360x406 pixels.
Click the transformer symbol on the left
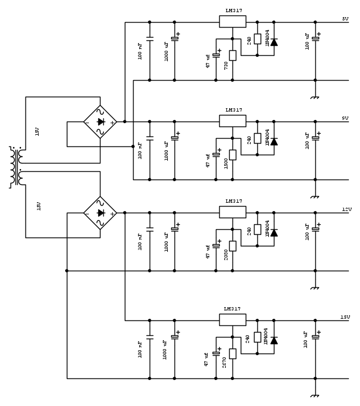click(x=15, y=167)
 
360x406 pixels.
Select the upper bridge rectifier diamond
click(x=100, y=122)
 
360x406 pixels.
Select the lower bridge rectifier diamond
click(x=100, y=213)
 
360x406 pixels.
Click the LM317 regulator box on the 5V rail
click(x=232, y=22)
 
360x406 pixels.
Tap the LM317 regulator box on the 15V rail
click(x=232, y=320)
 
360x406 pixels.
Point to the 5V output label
click(x=345, y=19)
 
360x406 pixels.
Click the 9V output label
click(x=345, y=118)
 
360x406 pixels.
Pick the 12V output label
click(x=346, y=209)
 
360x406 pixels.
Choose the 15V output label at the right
click(x=345, y=317)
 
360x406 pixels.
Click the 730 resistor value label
click(x=226, y=65)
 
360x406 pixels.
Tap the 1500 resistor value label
click(x=226, y=164)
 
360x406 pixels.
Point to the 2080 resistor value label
click(x=226, y=255)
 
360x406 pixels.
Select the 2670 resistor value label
click(x=225, y=362)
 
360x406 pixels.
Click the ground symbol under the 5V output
click(x=315, y=97)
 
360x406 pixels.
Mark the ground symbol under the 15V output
click(x=315, y=396)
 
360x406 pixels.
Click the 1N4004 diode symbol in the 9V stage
click(x=274, y=142)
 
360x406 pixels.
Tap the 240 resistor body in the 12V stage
click(x=257, y=230)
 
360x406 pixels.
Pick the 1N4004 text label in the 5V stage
click(x=267, y=38)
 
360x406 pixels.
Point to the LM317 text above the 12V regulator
click(x=234, y=201)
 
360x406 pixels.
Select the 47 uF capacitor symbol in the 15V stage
click(x=216, y=351)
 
